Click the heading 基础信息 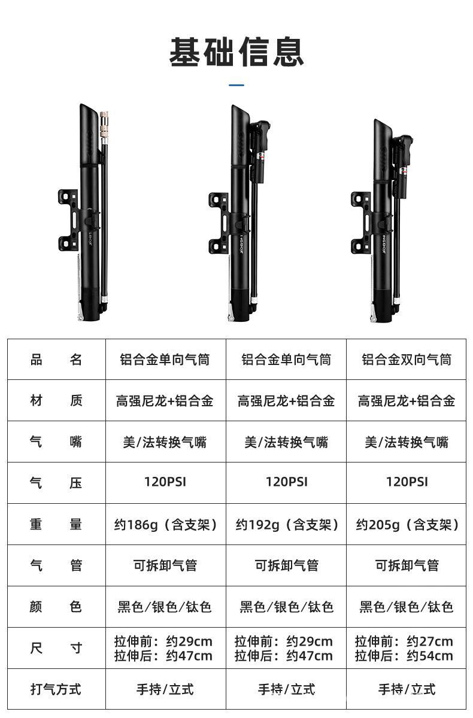point(236,52)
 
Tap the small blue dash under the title point(236,86)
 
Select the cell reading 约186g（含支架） point(165,525)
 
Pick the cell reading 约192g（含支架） point(286,525)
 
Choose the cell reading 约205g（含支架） point(407,525)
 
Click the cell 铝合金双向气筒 point(407,360)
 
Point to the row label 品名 point(56,360)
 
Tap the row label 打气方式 point(56,689)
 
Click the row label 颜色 point(56,607)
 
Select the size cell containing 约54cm point(407,649)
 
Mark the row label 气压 point(56,483)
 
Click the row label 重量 point(56,525)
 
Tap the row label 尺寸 point(56,649)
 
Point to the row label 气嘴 point(56,442)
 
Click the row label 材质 point(56,401)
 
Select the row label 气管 point(56,565)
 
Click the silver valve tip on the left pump point(105,120)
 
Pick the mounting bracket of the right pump point(361,223)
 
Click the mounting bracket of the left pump point(68,220)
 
